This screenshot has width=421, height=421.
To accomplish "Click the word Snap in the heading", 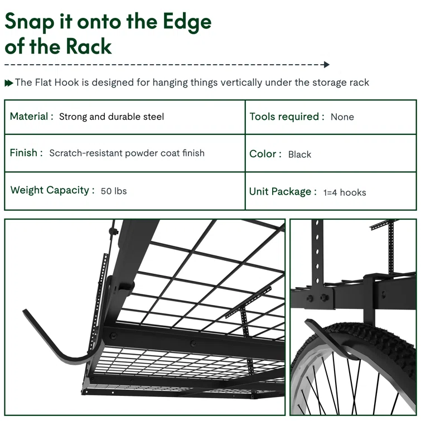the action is point(30,22).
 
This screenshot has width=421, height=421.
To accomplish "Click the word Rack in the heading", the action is point(89,46).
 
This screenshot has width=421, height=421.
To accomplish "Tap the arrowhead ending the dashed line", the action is point(327,65).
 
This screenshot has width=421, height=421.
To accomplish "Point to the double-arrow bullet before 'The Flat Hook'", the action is point(9,83).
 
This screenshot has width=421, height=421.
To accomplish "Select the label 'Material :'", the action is point(32,117).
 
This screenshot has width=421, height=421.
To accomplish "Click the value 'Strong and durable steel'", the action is point(112,117).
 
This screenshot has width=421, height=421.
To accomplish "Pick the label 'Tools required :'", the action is point(287,117).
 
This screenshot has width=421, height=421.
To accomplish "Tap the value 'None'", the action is point(342,117).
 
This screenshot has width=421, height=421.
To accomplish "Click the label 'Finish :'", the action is point(26,153).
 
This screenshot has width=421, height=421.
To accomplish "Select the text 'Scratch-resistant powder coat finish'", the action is point(127,153).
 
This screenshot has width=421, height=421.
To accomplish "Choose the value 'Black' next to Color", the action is point(299,154).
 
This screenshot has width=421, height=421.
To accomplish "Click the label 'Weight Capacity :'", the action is point(52,190).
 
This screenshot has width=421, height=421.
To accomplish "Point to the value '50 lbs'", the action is point(114,191).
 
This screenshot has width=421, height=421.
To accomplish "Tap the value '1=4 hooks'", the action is point(345,192).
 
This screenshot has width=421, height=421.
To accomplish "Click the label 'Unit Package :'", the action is point(283,192).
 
